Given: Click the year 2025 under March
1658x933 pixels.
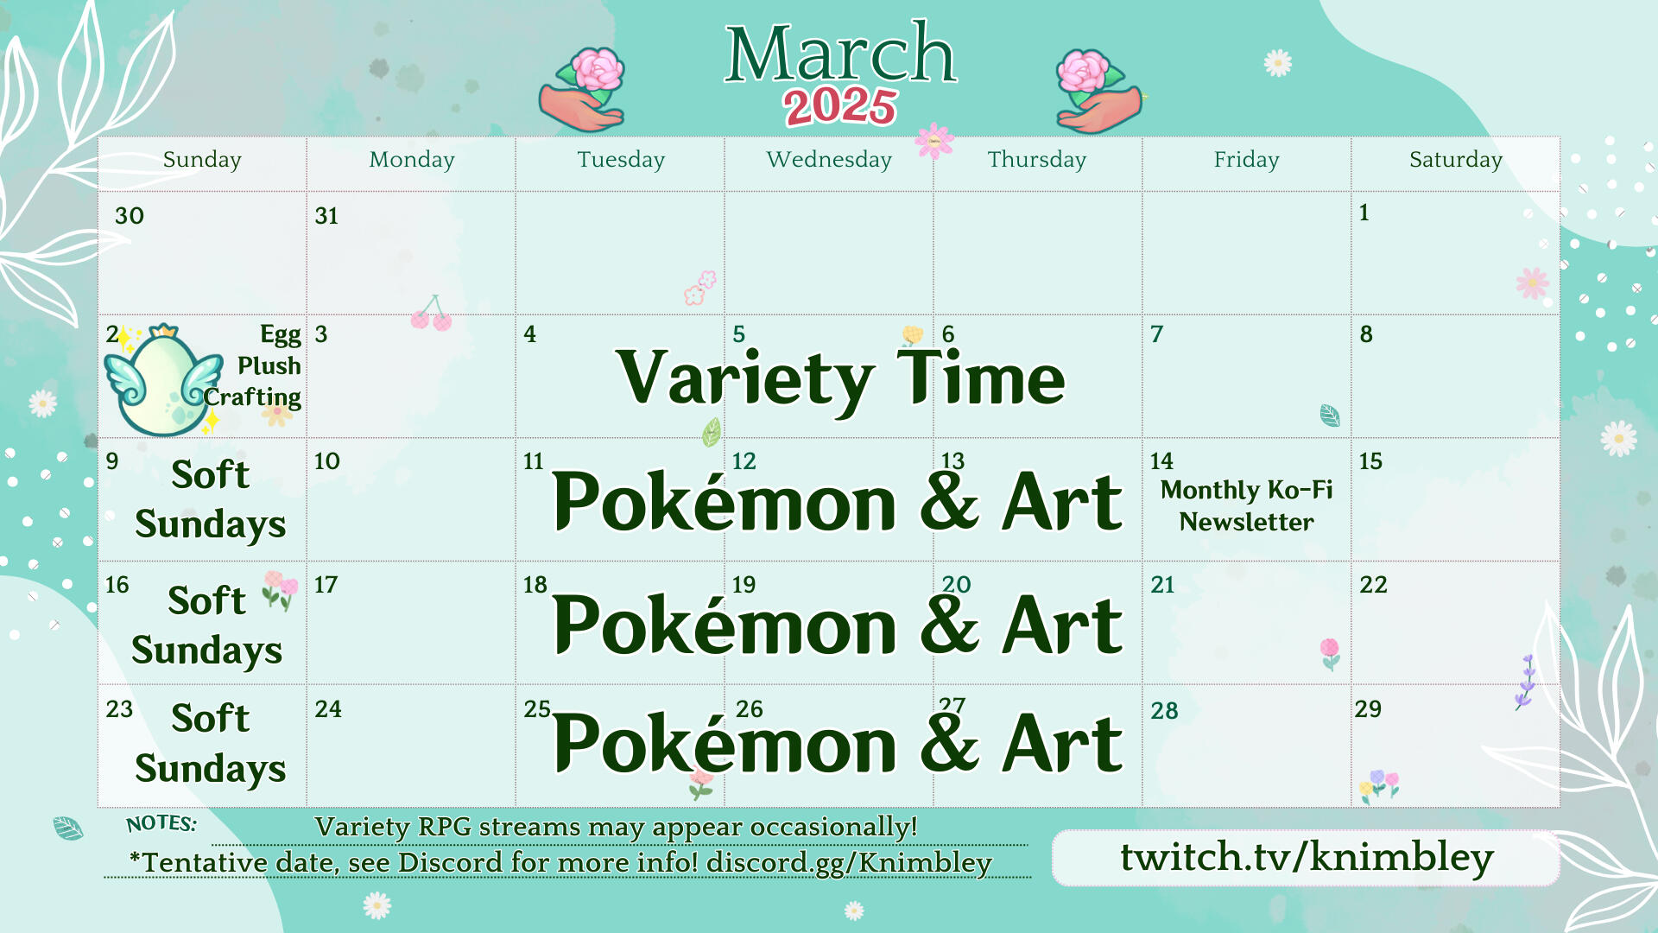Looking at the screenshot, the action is (x=840, y=107).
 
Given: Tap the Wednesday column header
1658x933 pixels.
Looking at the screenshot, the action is (x=829, y=160).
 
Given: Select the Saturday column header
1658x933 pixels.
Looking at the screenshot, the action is (x=1456, y=160).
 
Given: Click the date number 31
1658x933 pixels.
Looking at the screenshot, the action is (x=326, y=216).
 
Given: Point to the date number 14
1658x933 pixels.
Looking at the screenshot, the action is (x=1161, y=461).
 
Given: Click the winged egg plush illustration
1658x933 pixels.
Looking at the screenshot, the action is (x=163, y=380).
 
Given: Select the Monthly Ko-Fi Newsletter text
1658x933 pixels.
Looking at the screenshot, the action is (x=1246, y=506).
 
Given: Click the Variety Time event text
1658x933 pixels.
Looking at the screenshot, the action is (x=841, y=378).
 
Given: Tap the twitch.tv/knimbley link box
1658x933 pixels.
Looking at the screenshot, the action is (x=1306, y=858).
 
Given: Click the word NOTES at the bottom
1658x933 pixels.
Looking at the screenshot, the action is (x=161, y=823).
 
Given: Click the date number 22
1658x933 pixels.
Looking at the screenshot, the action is (x=1373, y=585).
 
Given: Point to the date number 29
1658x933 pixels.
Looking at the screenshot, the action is (x=1368, y=709).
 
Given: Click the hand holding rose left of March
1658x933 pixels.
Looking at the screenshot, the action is (x=583, y=90).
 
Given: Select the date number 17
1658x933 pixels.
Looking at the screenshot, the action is (x=326, y=585).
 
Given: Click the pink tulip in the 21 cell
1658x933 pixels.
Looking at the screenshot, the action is (x=1331, y=654).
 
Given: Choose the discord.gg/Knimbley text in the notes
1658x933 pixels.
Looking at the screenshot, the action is (x=849, y=863).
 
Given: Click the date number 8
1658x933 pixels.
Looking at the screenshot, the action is (x=1366, y=334).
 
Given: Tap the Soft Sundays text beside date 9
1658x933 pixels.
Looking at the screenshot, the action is (x=210, y=500).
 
